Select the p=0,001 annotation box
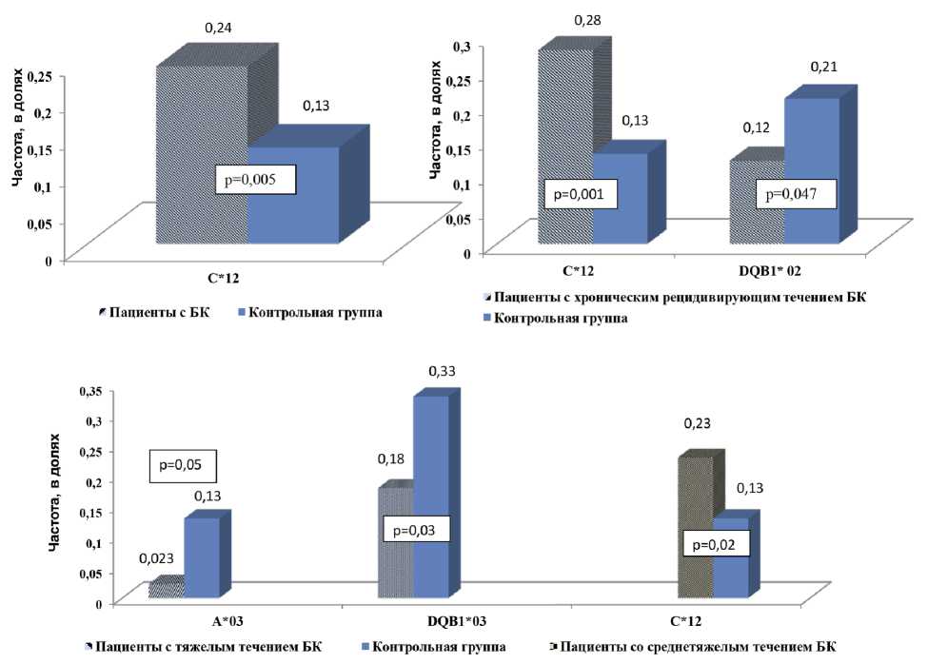tap(580, 195)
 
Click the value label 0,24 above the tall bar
tap(218, 29)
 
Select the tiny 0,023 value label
tap(155, 561)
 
